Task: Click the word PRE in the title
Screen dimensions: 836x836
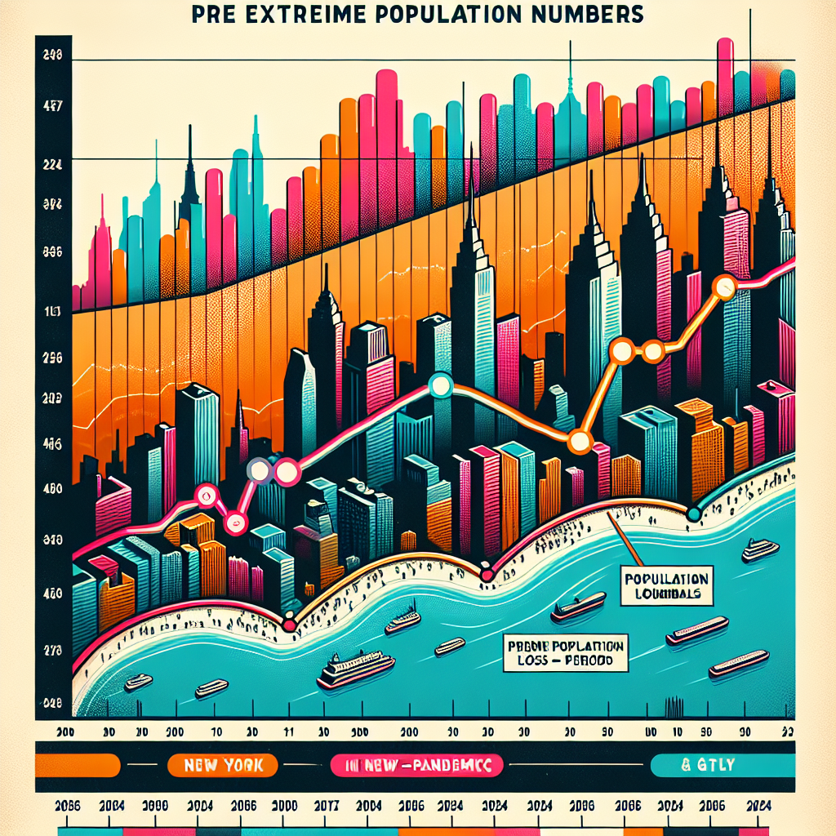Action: [215, 15]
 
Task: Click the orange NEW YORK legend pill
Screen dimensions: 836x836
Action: [223, 766]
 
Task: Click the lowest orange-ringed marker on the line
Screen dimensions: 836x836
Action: [580, 442]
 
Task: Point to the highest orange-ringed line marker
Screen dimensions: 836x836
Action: [724, 286]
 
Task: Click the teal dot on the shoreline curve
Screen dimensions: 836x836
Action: [693, 514]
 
